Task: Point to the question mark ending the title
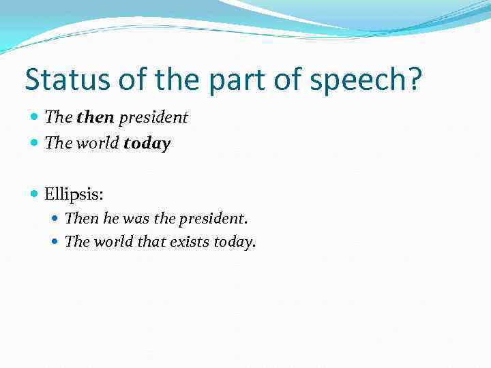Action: [413, 80]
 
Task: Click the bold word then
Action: [95, 117]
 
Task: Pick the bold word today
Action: [147, 144]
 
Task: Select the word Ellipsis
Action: [74, 194]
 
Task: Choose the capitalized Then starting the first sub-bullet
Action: [82, 219]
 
